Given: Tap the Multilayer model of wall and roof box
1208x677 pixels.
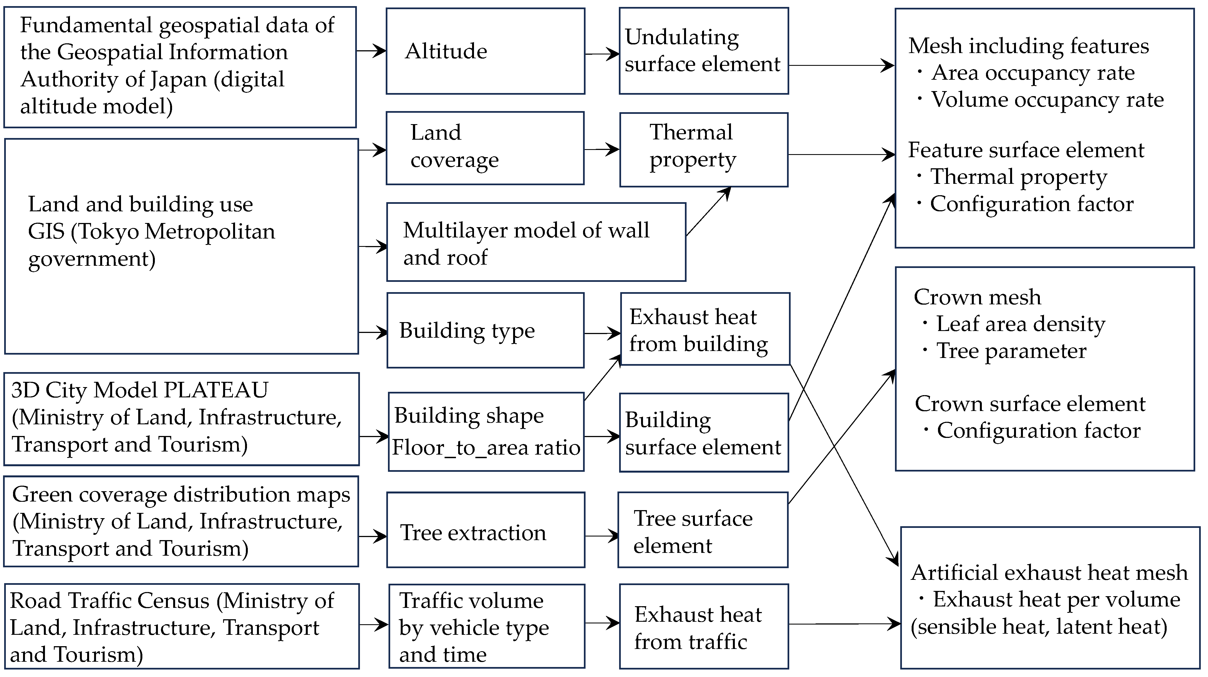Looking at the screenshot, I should [x=536, y=242].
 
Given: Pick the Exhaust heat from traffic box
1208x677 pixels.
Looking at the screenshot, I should [x=703, y=626].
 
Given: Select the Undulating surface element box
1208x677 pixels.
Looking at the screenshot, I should [x=703, y=51].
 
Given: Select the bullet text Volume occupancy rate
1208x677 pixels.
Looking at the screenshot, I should [x=1047, y=99].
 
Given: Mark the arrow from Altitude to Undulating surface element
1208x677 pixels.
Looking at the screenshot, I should [x=602, y=54].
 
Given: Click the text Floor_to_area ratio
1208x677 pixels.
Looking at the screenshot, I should [x=486, y=447].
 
